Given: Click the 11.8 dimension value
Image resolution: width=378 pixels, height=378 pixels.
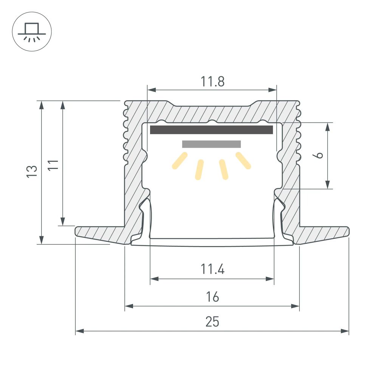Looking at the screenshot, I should (212, 81).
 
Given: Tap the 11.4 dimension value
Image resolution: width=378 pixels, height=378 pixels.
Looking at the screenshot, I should (212, 270).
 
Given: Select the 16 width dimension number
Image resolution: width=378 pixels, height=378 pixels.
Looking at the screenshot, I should (212, 297).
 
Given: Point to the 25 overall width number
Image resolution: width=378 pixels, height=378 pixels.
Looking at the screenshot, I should (212, 322).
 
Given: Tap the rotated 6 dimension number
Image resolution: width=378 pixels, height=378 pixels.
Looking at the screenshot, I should (319, 155).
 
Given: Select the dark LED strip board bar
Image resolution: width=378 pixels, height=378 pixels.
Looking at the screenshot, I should (211, 130).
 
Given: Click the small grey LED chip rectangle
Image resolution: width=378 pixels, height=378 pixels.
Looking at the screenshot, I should (211, 144).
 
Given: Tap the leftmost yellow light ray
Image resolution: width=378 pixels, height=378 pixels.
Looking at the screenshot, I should (180, 160).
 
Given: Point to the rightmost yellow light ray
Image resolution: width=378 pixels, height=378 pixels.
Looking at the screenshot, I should (243, 160).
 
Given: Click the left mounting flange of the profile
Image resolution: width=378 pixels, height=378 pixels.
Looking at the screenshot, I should (100, 234).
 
